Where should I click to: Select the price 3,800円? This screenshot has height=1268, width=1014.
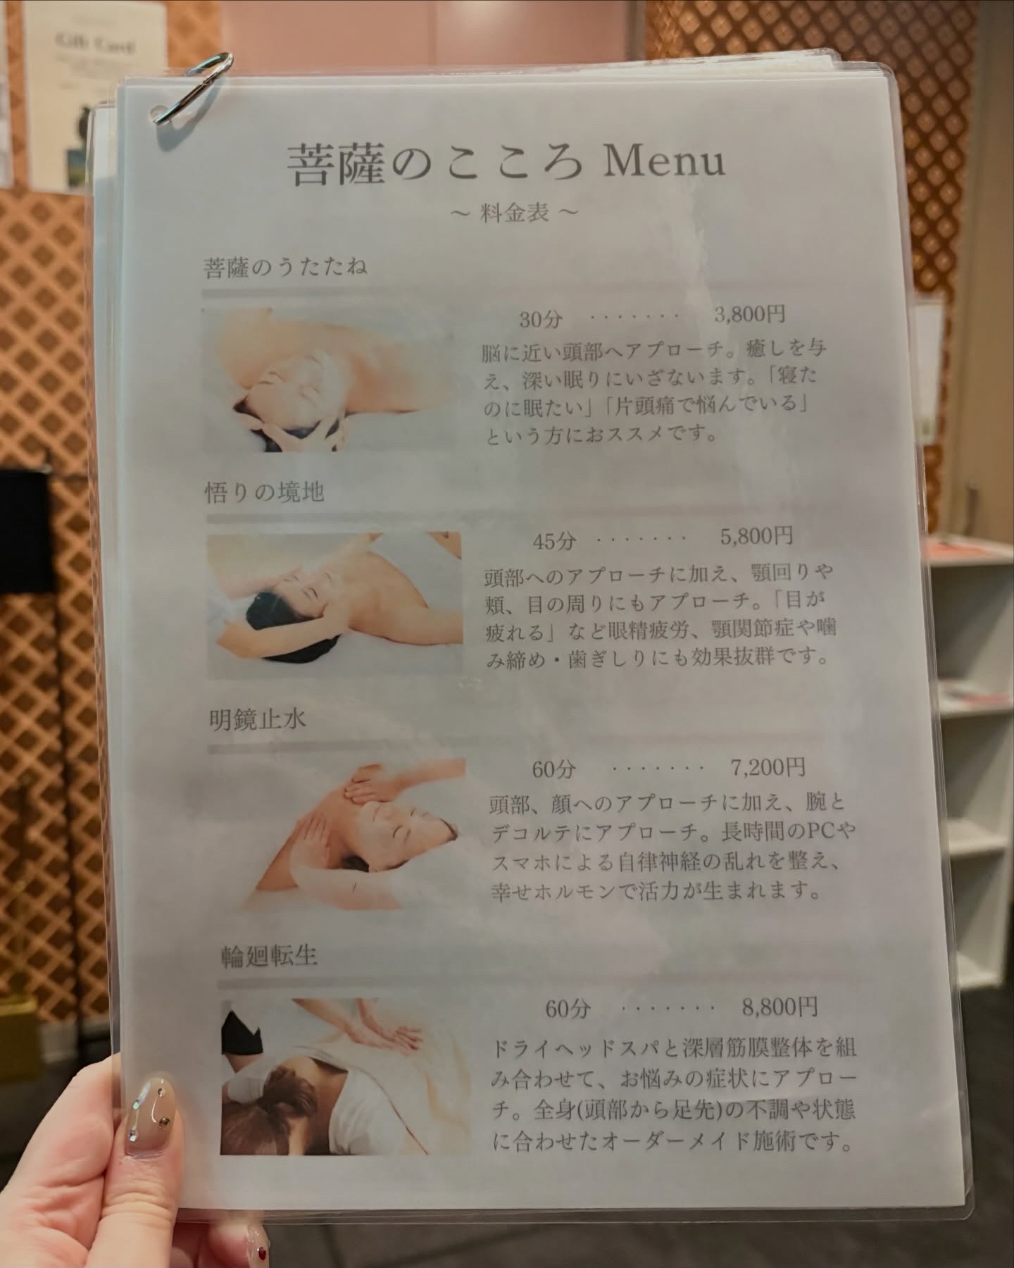pos(749,314)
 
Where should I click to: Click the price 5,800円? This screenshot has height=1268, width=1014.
pos(756,537)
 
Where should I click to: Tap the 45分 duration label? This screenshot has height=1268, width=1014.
pos(554,540)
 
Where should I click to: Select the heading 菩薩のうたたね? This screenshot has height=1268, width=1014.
pos(284,268)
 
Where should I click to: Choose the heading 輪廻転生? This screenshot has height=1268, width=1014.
pos(268,957)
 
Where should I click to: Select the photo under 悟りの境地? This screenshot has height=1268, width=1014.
pos(335,604)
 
